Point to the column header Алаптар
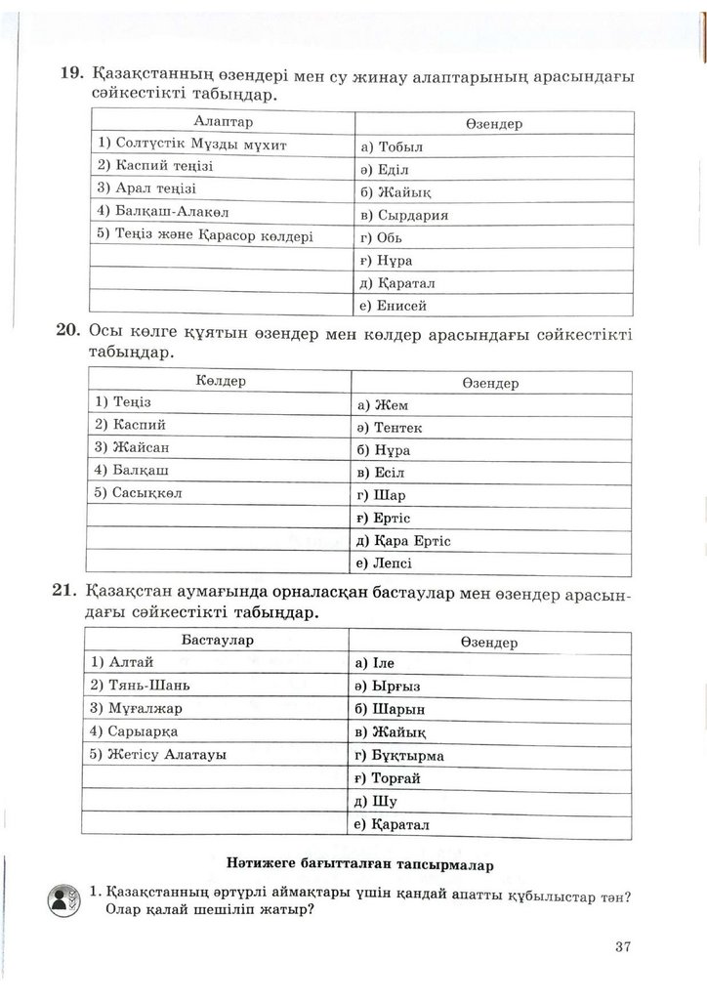click(224, 122)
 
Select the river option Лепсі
click(394, 563)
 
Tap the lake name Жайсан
click(141, 447)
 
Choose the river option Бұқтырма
click(408, 756)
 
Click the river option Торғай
click(396, 778)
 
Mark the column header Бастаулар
click(218, 640)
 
